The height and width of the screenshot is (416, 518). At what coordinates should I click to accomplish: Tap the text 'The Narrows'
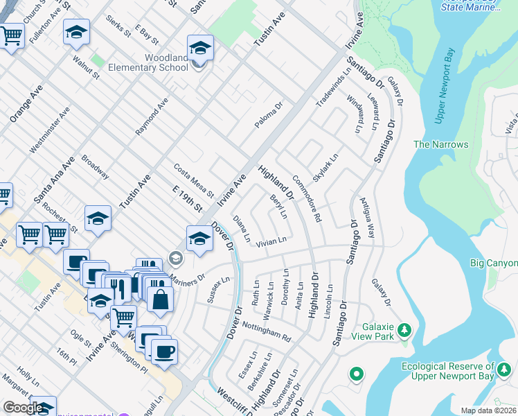click(x=440, y=145)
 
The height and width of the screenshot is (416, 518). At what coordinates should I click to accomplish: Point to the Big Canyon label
click(x=493, y=263)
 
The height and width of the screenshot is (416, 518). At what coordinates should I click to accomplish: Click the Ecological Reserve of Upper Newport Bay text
click(x=451, y=371)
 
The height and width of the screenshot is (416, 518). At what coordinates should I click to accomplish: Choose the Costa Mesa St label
click(x=193, y=176)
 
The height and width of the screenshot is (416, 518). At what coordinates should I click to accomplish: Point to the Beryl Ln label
click(x=278, y=207)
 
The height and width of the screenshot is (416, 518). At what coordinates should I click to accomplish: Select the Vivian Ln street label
click(x=271, y=242)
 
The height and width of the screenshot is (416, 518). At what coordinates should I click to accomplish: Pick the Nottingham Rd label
click(x=267, y=331)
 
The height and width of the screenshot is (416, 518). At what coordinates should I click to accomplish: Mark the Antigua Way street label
click(x=367, y=218)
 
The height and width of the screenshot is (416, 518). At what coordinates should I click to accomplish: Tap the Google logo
click(x=23, y=408)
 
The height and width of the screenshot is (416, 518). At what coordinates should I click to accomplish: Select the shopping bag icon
click(x=160, y=299)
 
